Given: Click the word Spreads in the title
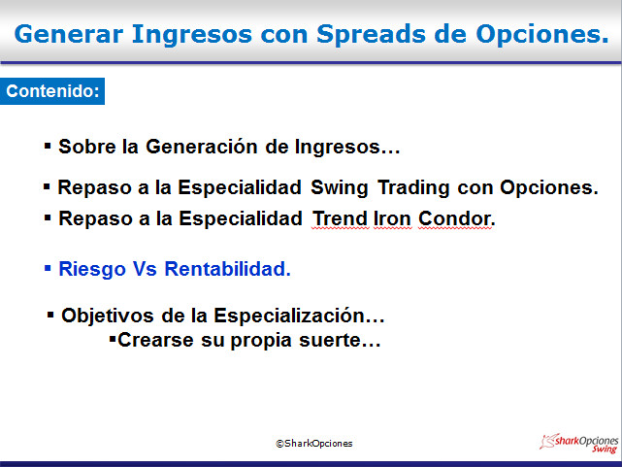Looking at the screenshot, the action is pyautogui.click(x=371, y=35).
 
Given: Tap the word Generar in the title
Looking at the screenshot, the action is pyautogui.click(x=69, y=34).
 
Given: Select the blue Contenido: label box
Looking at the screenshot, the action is pyautogui.click(x=52, y=91).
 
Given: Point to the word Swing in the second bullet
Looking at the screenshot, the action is pyautogui.click(x=340, y=188).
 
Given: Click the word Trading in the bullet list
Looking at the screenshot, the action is pyautogui.click(x=413, y=188).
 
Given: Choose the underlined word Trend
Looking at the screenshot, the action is pyautogui.click(x=341, y=218).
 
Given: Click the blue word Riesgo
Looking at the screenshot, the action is pyautogui.click(x=92, y=269).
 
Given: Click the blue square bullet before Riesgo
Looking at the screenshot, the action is pyautogui.click(x=48, y=268).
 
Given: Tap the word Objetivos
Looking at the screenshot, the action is pyautogui.click(x=108, y=316).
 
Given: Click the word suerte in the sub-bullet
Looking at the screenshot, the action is pyautogui.click(x=340, y=340).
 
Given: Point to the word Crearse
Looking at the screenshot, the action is pyautogui.click(x=155, y=340).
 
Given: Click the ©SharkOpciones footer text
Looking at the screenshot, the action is pyautogui.click(x=314, y=443).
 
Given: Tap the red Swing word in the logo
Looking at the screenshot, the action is pyautogui.click(x=605, y=449).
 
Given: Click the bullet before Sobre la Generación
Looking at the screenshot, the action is pyautogui.click(x=48, y=146).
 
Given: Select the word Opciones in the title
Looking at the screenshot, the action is pyautogui.click(x=542, y=35).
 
